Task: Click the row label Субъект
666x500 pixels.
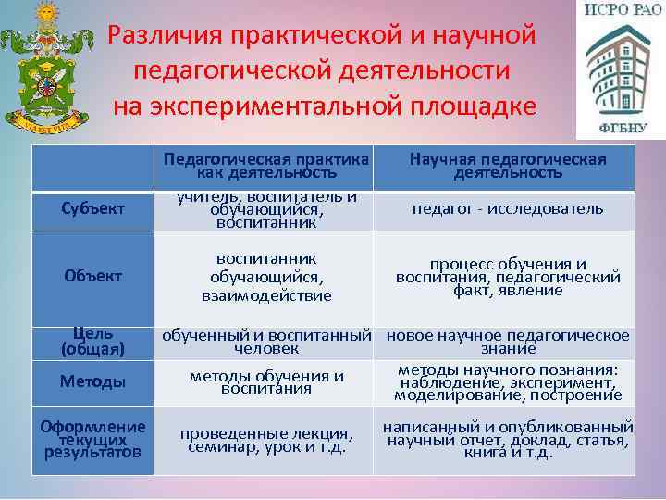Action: click(x=92, y=208)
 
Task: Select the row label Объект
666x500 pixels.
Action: click(x=92, y=276)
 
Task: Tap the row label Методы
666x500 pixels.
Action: click(x=92, y=381)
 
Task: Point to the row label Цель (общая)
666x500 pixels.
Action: click(x=92, y=341)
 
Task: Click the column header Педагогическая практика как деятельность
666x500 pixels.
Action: click(x=266, y=165)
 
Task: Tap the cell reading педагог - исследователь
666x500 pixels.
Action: click(x=508, y=209)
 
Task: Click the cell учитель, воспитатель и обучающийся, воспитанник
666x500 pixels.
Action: click(x=266, y=209)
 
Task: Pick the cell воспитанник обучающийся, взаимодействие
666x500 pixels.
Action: click(x=266, y=276)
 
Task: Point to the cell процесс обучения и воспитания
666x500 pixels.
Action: click(x=508, y=276)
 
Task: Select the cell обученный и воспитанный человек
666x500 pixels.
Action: click(x=266, y=341)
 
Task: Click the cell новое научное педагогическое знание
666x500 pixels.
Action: click(x=508, y=341)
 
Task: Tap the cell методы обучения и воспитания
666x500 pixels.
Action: click(x=266, y=381)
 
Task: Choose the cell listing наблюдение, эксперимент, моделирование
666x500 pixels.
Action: click(x=508, y=381)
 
